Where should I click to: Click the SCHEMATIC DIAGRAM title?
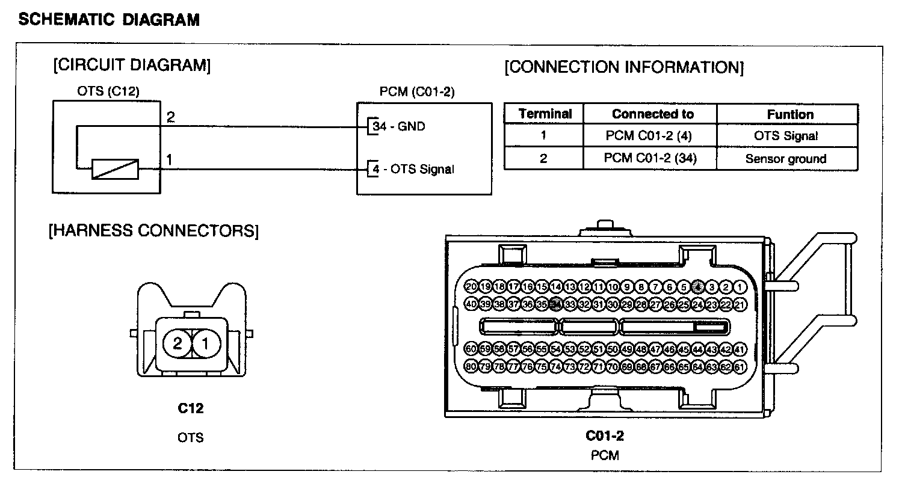[109, 20]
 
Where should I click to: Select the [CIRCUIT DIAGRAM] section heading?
[132, 65]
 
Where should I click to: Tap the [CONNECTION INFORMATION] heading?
[624, 67]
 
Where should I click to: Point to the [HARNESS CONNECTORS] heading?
[153, 231]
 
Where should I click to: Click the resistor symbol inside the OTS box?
[115, 169]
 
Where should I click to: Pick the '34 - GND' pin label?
[398, 126]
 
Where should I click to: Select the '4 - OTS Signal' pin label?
[413, 169]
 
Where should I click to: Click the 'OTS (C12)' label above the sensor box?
[108, 91]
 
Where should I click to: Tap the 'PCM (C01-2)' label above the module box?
[417, 91]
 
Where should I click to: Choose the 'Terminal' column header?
[545, 114]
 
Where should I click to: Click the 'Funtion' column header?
[790, 114]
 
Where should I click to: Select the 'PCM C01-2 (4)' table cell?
[649, 136]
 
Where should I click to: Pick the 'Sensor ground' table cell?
[786, 159]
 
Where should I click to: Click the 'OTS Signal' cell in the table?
[786, 136]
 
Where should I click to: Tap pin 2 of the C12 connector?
[177, 343]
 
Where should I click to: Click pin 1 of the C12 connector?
[205, 343]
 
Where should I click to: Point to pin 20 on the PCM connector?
[471, 287]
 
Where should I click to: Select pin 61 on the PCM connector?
[740, 366]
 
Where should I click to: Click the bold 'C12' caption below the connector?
[190, 408]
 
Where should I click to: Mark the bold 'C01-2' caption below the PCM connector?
[604, 435]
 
